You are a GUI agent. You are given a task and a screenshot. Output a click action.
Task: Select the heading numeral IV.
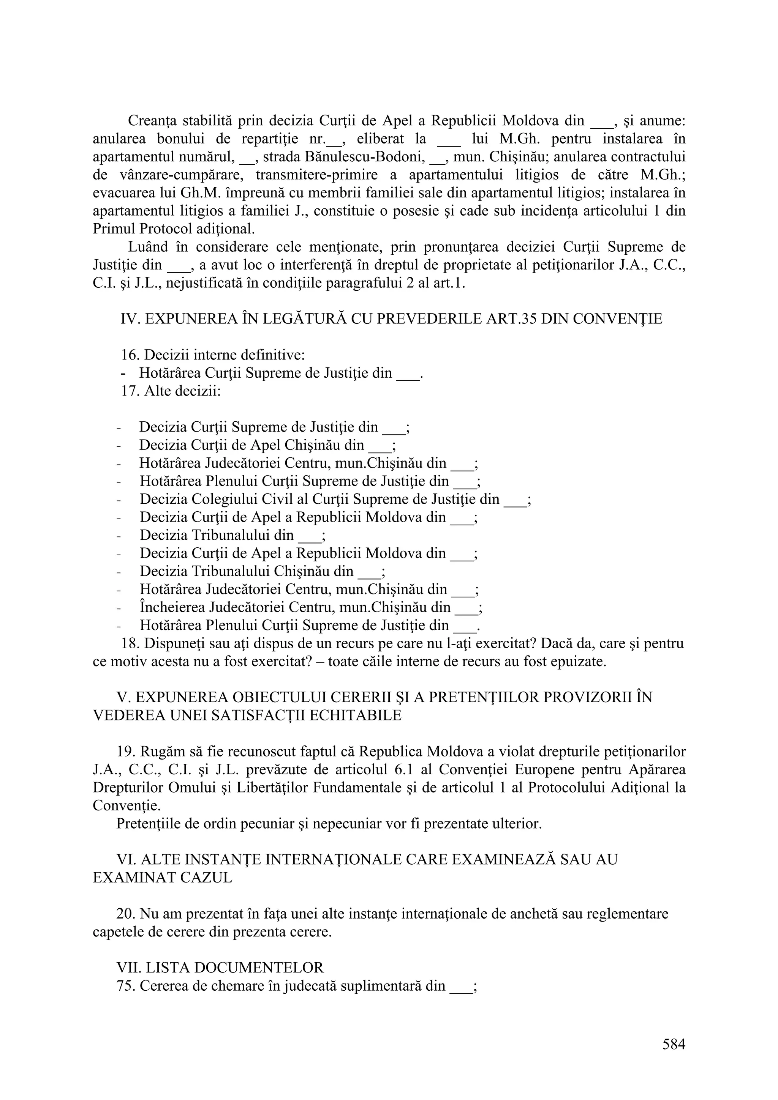click(130, 318)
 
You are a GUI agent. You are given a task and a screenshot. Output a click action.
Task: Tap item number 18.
click(130, 643)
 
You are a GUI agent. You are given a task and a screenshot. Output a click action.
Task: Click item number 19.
click(126, 751)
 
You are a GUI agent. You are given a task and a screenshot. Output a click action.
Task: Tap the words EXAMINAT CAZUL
click(163, 877)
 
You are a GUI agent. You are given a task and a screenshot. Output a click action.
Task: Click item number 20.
click(126, 914)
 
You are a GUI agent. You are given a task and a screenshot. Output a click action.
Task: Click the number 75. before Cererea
click(126, 986)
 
